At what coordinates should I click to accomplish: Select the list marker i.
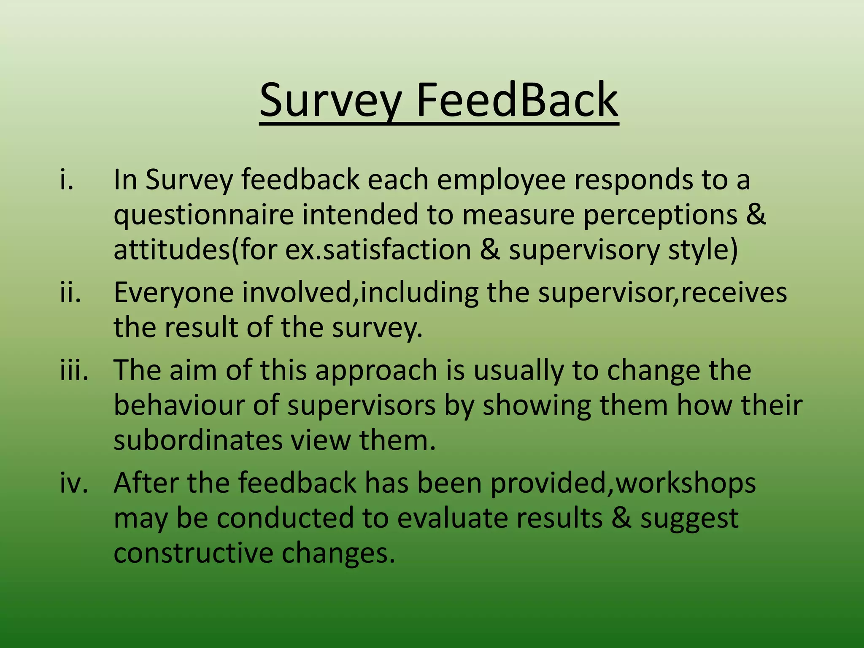(67, 179)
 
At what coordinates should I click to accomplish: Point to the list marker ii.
(70, 292)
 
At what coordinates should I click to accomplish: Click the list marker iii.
(74, 370)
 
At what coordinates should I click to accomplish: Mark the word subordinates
(198, 440)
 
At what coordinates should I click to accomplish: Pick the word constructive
(193, 553)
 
